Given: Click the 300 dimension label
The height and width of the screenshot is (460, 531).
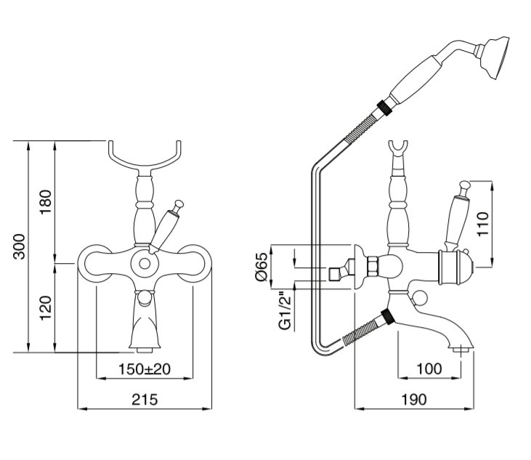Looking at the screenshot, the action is click(x=20, y=246).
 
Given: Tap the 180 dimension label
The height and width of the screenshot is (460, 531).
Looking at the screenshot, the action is click(x=46, y=202).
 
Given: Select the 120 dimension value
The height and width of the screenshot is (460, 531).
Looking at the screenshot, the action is click(x=46, y=308).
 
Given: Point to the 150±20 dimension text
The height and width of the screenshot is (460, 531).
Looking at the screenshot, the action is click(x=145, y=369).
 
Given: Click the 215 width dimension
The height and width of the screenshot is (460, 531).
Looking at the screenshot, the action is click(x=145, y=400).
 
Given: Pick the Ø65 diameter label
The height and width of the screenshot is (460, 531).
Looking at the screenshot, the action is click(x=262, y=267).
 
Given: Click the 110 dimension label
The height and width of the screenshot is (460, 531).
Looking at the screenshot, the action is click(x=482, y=225).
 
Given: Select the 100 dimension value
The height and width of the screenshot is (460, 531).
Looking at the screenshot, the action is click(x=429, y=368).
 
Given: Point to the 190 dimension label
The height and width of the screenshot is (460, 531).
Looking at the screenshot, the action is click(x=414, y=400).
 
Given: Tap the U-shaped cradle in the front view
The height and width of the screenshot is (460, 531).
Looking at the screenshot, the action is click(x=145, y=158).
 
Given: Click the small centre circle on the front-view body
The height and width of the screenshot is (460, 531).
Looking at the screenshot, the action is click(x=145, y=263).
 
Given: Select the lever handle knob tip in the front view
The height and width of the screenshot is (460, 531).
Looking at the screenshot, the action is click(x=179, y=204).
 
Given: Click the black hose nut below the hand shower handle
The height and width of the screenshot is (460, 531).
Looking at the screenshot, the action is click(x=384, y=107).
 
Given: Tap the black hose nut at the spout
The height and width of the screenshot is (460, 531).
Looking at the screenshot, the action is click(x=388, y=317).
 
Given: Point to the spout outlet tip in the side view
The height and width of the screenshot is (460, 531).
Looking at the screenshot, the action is click(x=461, y=349).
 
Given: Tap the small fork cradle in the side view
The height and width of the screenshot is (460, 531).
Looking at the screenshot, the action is click(x=397, y=149).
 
